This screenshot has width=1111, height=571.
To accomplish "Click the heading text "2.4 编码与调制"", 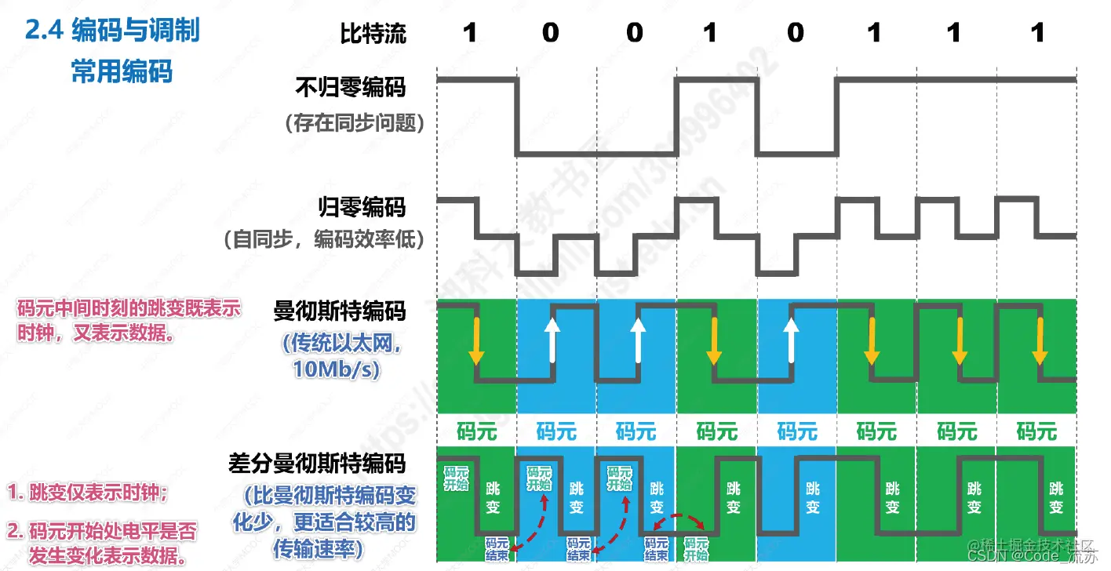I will click(113, 31).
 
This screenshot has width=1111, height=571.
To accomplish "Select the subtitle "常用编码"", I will click(122, 71).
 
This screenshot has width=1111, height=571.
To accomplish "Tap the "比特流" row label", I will click(373, 33).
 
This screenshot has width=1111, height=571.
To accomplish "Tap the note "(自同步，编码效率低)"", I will click(324, 239).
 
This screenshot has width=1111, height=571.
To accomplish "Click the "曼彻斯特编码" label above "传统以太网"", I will click(340, 311).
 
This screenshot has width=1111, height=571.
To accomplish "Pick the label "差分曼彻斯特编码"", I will click(317, 463).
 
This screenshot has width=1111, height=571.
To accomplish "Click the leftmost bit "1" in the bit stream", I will click(469, 33).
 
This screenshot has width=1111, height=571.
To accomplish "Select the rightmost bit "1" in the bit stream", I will click(1037, 33).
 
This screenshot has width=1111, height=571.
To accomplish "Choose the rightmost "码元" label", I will click(1036, 431).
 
